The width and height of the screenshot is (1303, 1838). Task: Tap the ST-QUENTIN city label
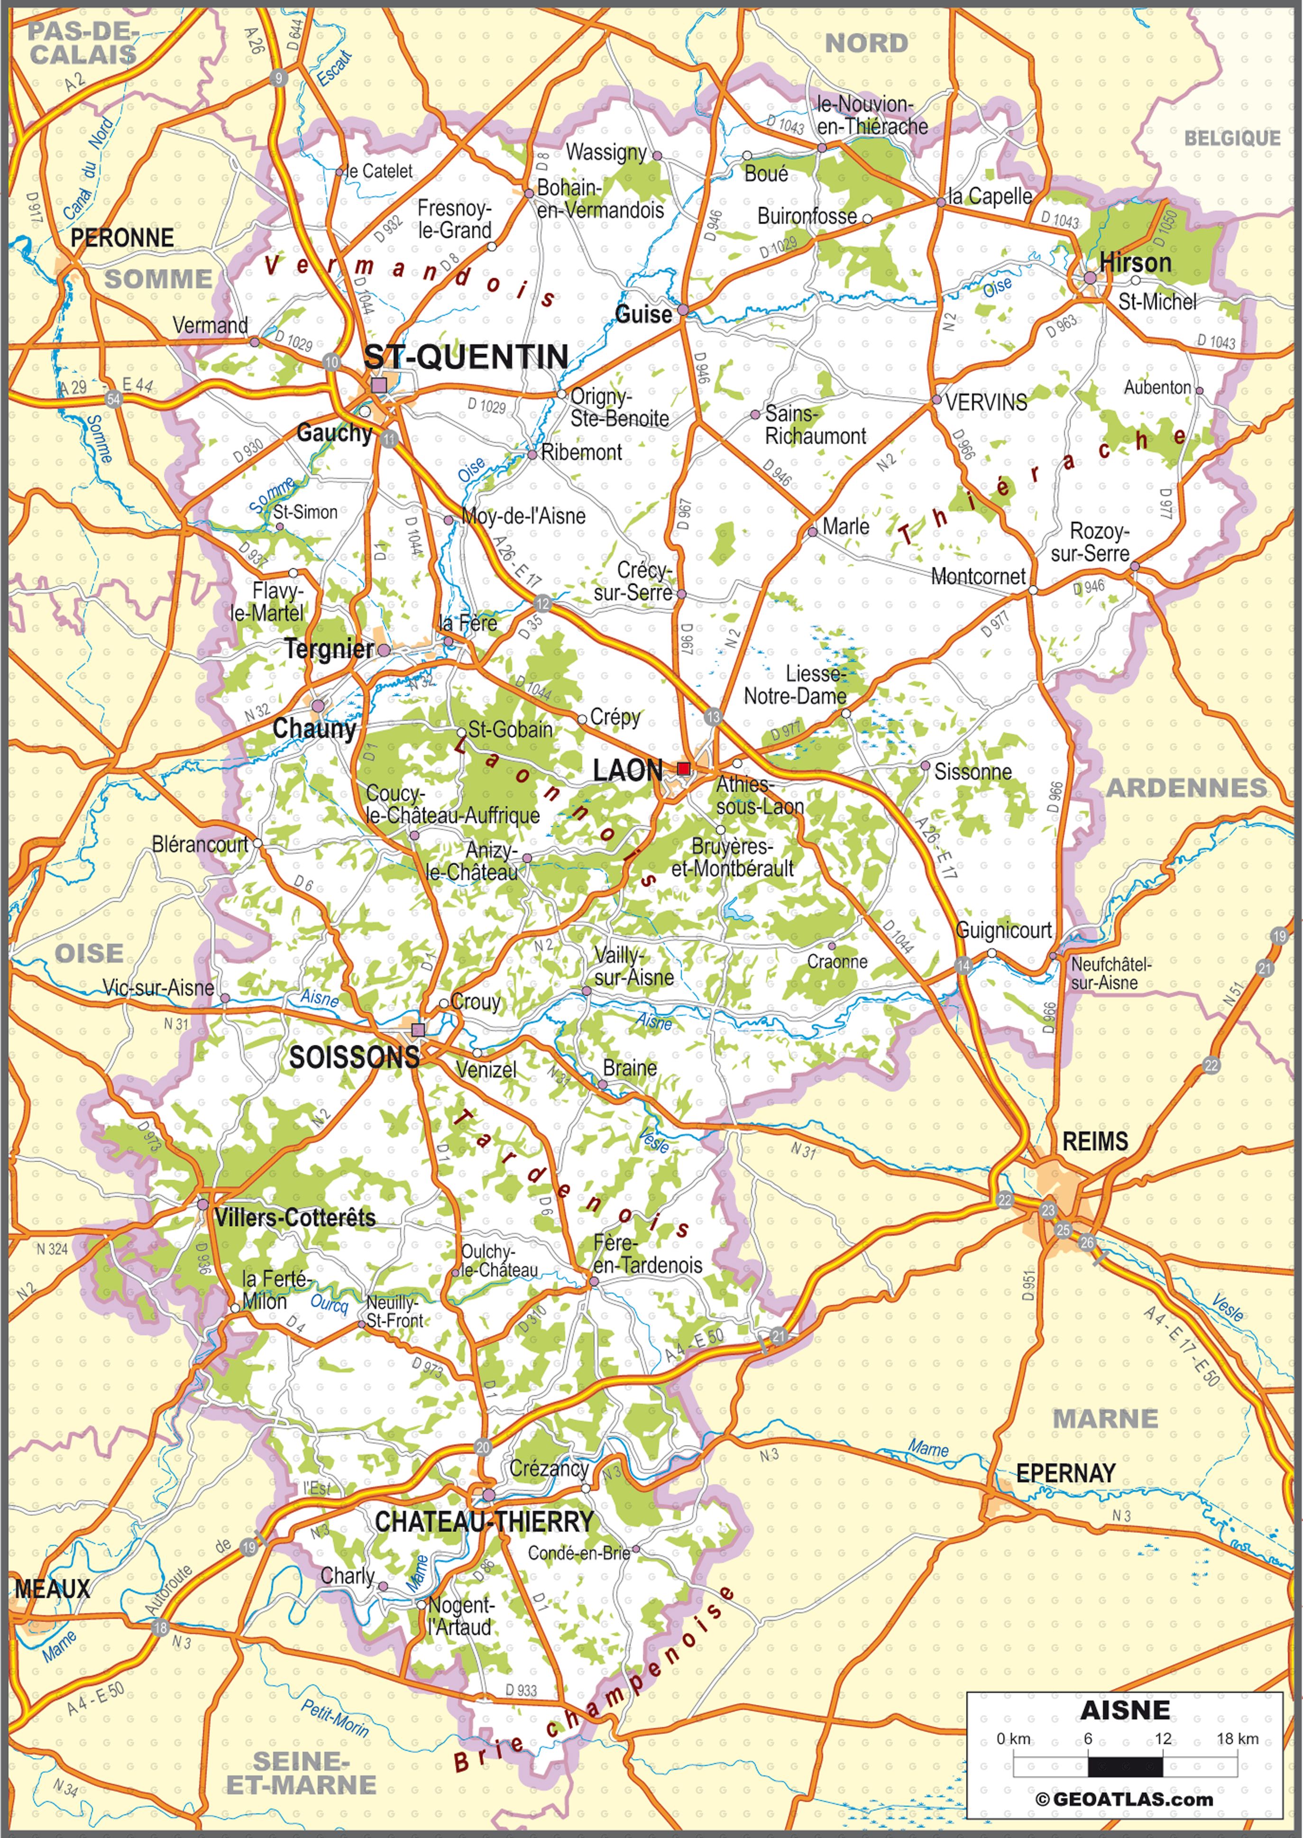pos(466,357)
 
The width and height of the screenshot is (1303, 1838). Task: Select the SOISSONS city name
pos(354,1057)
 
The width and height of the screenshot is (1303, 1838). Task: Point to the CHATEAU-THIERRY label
pos(484,1521)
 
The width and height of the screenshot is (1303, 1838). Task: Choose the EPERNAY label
pos(1065,1473)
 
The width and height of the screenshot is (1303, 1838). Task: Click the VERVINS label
pos(986,403)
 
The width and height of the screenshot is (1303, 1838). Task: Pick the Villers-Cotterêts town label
pos(294,1217)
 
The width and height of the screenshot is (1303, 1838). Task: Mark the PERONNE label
pos(122,238)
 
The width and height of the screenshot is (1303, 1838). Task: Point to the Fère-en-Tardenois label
pos(647,1254)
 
